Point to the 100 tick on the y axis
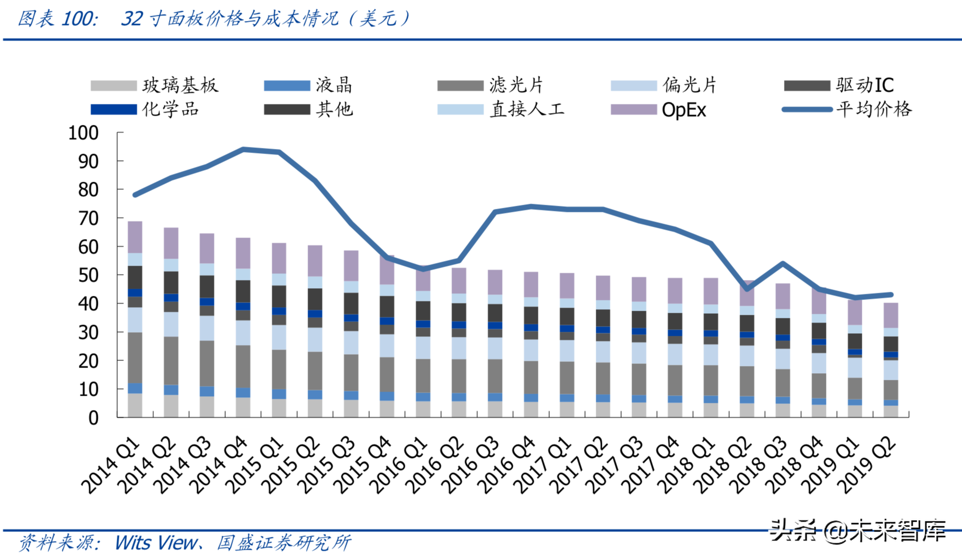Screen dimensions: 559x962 coord(83,133)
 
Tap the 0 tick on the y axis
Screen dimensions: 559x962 coord(93,418)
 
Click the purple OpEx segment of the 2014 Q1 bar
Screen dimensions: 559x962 coord(135,237)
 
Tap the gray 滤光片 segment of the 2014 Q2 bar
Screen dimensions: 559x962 coord(171,360)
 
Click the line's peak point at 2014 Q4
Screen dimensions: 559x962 coord(243,149)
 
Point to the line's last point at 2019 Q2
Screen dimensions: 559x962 coord(891,295)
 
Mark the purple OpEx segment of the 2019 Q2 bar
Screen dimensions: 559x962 coord(891,315)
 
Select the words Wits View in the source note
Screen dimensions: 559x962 coord(156,543)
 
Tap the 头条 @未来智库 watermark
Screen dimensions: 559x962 coord(858,531)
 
